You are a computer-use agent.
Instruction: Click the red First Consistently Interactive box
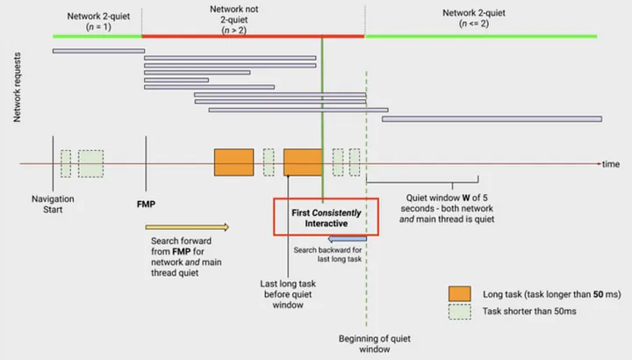327,218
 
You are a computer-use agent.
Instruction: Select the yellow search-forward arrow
187,227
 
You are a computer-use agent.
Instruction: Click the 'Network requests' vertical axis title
17,86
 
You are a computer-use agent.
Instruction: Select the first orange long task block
233,162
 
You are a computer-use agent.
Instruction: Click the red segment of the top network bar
253,36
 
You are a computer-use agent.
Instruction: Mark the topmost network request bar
98,51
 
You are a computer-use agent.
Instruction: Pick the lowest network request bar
492,119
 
